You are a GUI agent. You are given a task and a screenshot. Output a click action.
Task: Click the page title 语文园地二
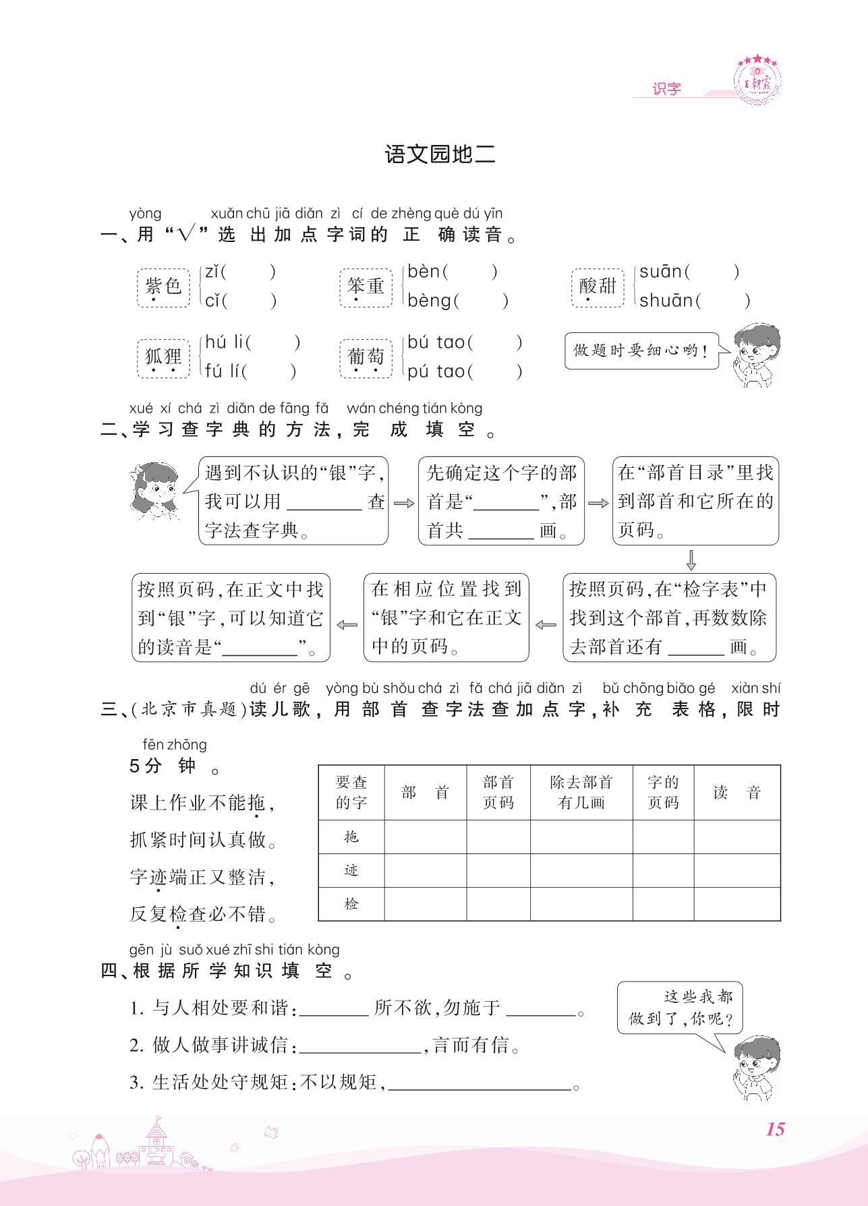point(440,154)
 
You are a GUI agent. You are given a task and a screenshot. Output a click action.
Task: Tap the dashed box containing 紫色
point(163,287)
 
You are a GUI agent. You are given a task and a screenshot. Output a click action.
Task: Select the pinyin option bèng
point(429,301)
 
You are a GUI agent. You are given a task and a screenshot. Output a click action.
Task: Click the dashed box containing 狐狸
point(163,358)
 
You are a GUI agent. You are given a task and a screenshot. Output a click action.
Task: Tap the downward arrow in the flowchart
point(691,560)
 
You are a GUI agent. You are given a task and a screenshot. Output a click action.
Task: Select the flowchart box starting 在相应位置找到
point(446,617)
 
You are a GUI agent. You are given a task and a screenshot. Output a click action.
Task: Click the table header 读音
point(736,793)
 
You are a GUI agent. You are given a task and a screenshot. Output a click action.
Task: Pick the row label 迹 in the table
point(351,870)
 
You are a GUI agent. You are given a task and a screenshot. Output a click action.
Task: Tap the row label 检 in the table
point(351,904)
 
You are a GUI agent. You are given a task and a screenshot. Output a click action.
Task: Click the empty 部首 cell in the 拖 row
point(425,837)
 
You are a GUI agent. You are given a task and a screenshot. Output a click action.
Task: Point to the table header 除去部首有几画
point(581,793)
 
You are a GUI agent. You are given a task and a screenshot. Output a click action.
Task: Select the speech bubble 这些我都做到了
point(679,1007)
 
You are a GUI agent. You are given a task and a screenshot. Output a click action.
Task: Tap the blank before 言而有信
point(360,1046)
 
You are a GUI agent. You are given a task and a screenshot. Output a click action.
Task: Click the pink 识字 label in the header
point(666,89)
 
